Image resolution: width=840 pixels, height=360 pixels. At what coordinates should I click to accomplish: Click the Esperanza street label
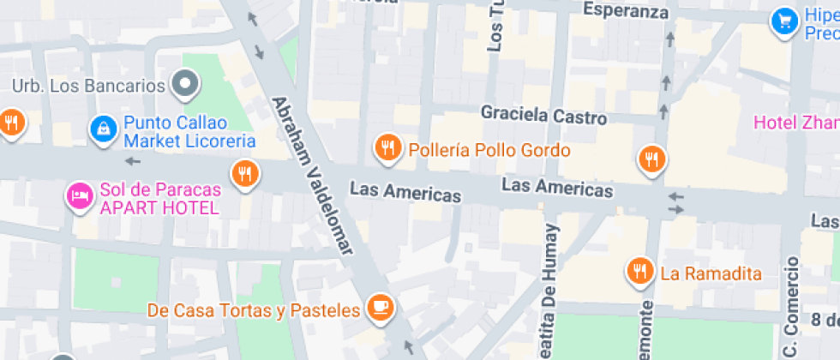pos(625,11)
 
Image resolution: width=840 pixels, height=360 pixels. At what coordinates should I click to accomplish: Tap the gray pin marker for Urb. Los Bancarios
pos(185,84)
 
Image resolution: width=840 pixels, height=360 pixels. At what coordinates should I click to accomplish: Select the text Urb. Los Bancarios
pos(88,86)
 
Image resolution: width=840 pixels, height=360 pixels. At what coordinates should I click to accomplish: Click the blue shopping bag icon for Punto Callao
pos(102,129)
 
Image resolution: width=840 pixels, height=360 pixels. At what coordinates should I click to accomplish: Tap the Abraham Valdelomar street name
pos(312,175)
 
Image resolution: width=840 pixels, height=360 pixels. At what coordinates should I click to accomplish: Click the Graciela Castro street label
pos(543,114)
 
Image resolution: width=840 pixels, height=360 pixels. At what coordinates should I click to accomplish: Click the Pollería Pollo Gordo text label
pos(489,150)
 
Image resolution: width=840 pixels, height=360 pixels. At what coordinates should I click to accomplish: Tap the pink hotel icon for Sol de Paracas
pos(80,196)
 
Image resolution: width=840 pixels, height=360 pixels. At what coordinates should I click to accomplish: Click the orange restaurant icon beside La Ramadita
pos(639,271)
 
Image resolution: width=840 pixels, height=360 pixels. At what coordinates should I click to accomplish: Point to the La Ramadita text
pos(711,274)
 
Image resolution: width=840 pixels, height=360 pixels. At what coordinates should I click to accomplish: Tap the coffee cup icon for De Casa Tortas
pos(380,306)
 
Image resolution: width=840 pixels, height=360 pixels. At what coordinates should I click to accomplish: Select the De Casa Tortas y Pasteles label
pos(253,309)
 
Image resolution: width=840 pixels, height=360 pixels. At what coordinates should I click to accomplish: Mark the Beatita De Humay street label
pos(549,291)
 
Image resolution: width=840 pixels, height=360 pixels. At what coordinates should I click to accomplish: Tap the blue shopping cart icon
pos(783,22)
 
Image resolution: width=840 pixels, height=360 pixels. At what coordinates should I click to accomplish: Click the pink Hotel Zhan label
pos(795,123)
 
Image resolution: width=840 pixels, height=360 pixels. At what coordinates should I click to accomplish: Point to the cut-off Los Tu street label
pos(495,26)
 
